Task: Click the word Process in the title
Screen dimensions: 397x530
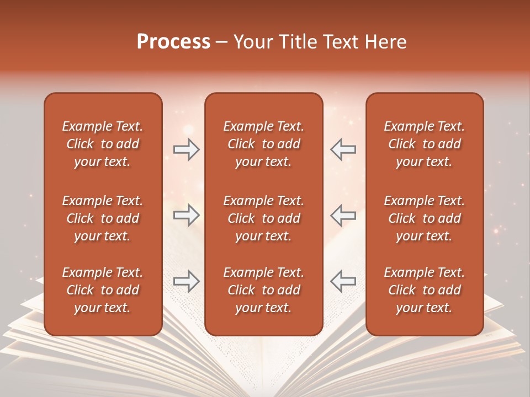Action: (x=173, y=42)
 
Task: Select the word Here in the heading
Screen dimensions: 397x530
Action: (x=386, y=42)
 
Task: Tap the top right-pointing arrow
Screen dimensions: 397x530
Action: (x=187, y=149)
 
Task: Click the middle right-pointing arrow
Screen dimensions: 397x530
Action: (x=187, y=215)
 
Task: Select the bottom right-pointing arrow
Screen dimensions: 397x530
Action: (x=187, y=281)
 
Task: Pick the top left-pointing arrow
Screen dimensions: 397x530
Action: (x=343, y=149)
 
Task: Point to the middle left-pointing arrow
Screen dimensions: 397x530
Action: (x=343, y=215)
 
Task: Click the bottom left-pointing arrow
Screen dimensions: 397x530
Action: (x=343, y=281)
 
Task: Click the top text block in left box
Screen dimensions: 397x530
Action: (x=103, y=144)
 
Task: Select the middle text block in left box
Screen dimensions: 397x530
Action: (x=103, y=218)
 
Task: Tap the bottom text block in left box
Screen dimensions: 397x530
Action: (x=103, y=290)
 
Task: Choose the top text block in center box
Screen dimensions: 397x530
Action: (x=264, y=144)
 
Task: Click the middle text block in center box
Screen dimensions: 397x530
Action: (x=264, y=218)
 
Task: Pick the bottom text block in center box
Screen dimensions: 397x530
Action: (x=264, y=290)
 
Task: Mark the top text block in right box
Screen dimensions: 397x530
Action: (x=425, y=144)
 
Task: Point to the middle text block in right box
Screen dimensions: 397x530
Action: (x=425, y=218)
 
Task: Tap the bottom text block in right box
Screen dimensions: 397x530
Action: (x=425, y=290)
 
